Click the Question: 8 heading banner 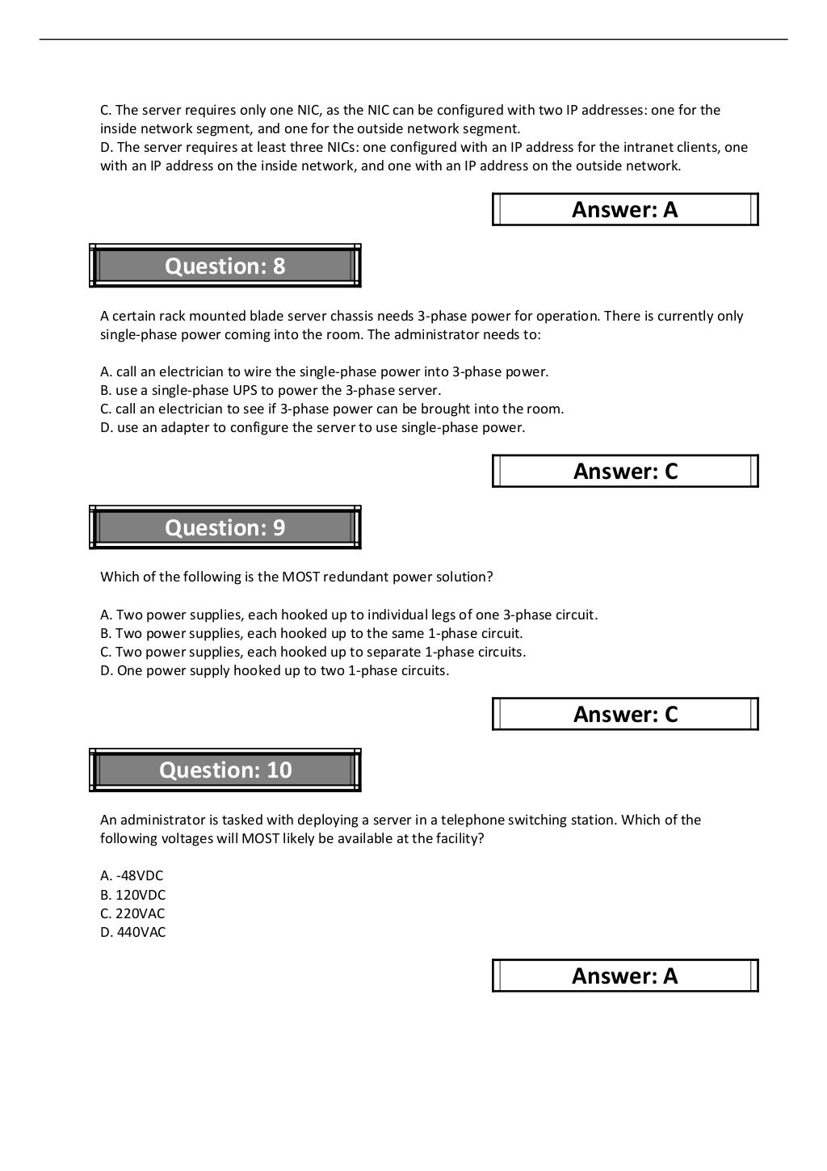tap(225, 266)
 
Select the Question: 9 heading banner tap(225, 527)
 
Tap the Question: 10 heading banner tap(225, 770)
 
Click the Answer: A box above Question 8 tap(625, 209)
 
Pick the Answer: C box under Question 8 tap(625, 471)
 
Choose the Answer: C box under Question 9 tap(625, 714)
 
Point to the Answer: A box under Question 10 tap(625, 976)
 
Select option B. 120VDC tap(132, 894)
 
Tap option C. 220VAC tap(132, 913)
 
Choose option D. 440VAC tap(132, 932)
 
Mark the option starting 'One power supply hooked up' tap(275, 670)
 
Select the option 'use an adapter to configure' tap(313, 427)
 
